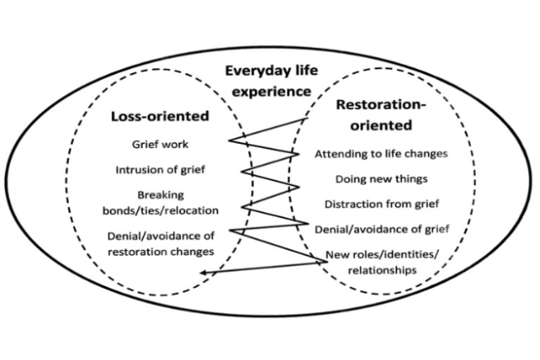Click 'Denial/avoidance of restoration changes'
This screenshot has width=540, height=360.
pos(160,243)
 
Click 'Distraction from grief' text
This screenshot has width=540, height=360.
pos(382,203)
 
